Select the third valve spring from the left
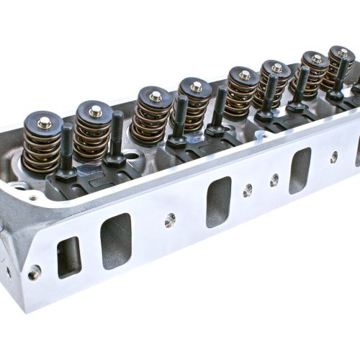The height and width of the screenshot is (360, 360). (x=154, y=115)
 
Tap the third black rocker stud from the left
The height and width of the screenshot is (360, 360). (x=180, y=120)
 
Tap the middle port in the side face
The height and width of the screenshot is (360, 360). (x=219, y=202)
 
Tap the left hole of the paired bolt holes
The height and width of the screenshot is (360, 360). (x=248, y=189)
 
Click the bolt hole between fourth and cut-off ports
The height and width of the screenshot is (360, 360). (x=333, y=156)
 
